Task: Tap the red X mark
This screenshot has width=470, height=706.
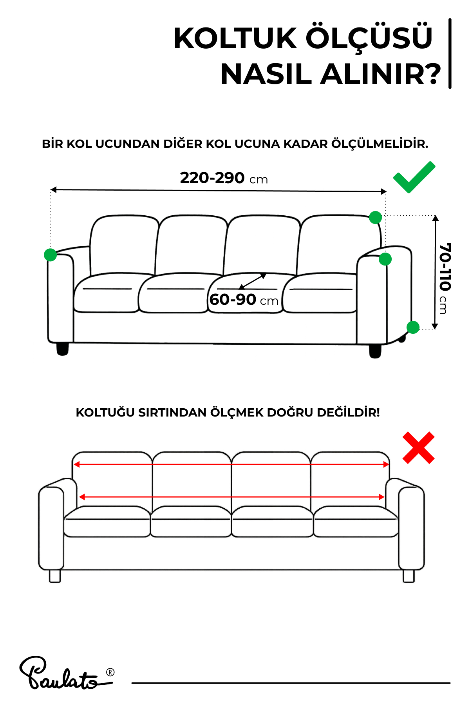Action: (x=418, y=448)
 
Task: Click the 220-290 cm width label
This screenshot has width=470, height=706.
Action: (x=224, y=178)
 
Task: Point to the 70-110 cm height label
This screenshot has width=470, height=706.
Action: (x=445, y=278)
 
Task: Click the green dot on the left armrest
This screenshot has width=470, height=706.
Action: (x=50, y=255)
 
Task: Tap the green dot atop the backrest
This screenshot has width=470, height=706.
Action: (x=375, y=217)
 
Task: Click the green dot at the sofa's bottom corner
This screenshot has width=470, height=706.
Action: (x=413, y=327)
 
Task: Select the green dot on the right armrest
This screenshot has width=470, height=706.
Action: (x=385, y=259)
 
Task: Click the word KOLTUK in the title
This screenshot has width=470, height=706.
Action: (x=235, y=39)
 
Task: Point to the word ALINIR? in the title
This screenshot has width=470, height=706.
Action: (x=380, y=74)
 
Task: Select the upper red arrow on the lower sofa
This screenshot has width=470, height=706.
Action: (x=231, y=464)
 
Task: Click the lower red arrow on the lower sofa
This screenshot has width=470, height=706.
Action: (x=231, y=497)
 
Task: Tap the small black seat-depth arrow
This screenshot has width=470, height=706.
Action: (x=253, y=281)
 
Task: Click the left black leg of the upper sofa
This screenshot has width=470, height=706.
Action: (x=62, y=349)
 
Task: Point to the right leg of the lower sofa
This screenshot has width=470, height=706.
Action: (x=409, y=576)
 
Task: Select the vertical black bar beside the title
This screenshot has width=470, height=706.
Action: (x=450, y=54)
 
